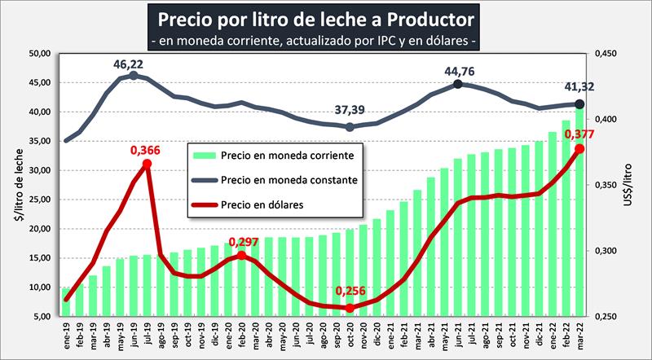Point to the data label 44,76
point(460,71)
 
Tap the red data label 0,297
point(244,242)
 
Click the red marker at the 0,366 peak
point(147,164)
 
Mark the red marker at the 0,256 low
point(350,308)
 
